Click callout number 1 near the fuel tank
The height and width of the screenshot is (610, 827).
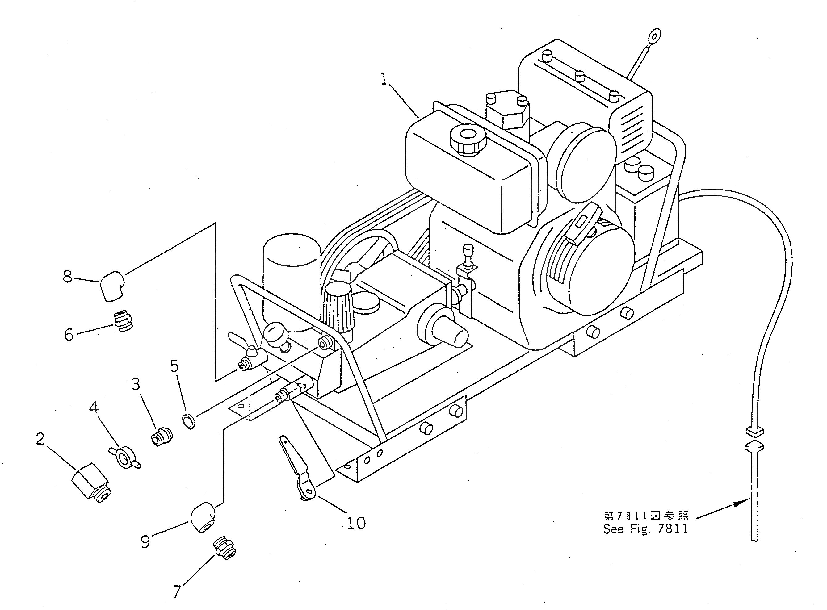pyautogui.click(x=384, y=79)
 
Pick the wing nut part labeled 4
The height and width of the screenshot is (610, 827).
pyautogui.click(x=124, y=458)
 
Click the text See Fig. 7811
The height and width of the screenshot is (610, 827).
pyautogui.click(x=646, y=529)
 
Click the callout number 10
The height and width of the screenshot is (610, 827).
pyautogui.click(x=356, y=523)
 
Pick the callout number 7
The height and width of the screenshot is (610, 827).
pyautogui.click(x=177, y=592)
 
